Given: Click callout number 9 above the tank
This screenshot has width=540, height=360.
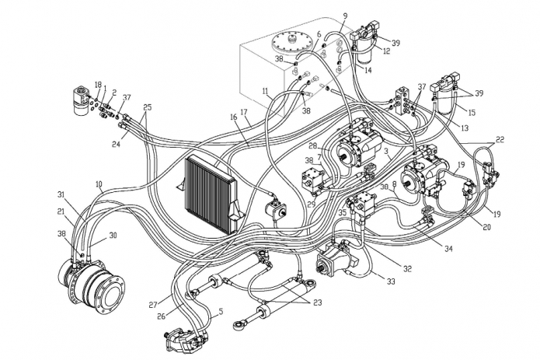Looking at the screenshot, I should coord(345,16).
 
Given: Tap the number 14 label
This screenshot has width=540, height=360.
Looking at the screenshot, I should coord(368,71).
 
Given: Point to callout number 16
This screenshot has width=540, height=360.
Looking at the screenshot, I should coord(232,117).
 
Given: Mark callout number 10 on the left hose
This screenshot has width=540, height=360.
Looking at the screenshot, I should coord(99,184).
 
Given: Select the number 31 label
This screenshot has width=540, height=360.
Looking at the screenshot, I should coord(61,194).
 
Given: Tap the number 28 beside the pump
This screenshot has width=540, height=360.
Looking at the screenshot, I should coord(313,146).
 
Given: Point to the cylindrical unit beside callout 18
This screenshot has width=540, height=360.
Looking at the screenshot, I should coord(81,100).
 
